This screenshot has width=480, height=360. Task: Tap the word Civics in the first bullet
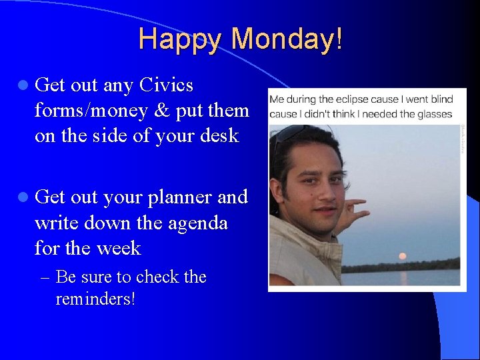[x=167, y=85]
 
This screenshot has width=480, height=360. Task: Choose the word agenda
[x=197, y=223]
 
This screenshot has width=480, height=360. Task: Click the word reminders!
[x=95, y=299]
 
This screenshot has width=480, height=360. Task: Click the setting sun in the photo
[x=401, y=256]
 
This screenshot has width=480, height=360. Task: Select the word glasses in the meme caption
[x=434, y=113]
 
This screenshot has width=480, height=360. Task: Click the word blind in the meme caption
[x=439, y=99]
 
